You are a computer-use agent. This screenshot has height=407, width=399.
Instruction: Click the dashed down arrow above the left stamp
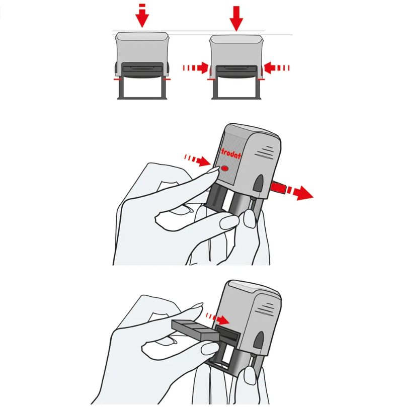(x=142, y=16)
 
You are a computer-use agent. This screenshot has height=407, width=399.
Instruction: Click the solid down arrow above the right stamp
(x=236, y=19)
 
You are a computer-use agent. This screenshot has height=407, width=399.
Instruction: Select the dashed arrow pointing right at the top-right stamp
(x=196, y=68)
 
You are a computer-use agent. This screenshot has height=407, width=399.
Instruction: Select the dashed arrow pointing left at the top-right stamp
(x=276, y=68)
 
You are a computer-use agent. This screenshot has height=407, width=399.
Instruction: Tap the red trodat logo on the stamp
(x=231, y=153)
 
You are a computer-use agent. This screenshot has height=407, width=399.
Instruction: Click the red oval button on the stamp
(x=225, y=169)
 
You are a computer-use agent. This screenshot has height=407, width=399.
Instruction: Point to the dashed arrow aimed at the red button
(x=197, y=160)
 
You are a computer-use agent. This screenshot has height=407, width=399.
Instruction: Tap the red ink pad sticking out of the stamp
(x=278, y=188)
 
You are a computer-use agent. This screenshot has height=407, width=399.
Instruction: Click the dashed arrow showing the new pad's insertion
(x=217, y=318)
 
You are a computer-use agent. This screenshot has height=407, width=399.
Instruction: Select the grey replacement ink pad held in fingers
(x=196, y=330)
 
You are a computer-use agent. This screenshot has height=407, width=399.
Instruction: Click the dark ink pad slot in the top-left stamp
(x=142, y=69)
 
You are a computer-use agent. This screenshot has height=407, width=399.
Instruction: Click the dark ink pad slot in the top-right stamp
(x=236, y=69)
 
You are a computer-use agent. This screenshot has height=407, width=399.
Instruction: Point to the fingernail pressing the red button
(x=213, y=170)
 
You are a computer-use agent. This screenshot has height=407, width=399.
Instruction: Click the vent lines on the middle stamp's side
(x=264, y=152)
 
